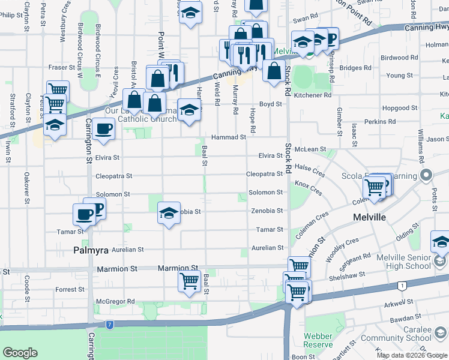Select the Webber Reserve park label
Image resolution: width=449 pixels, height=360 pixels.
(x=318, y=340)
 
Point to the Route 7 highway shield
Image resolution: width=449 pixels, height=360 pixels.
(x=109, y=325)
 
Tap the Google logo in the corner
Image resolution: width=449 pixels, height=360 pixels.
(x=20, y=353)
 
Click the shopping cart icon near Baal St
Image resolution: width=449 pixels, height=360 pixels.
(x=190, y=280)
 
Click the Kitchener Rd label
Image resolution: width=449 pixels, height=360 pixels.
(x=312, y=95)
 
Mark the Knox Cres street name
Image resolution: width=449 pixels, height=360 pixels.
(x=309, y=190)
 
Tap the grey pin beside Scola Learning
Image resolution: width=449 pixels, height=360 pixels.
(x=427, y=176)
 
